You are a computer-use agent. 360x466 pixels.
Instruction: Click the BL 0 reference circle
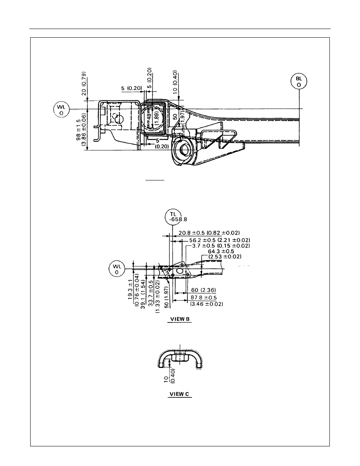[299, 82]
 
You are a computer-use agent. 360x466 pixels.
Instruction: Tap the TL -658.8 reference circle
[173, 217]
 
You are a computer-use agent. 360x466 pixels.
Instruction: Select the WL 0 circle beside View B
[117, 269]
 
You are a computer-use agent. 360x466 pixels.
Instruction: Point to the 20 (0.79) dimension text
[84, 84]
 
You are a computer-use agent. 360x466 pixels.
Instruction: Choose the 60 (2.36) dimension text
[204, 290]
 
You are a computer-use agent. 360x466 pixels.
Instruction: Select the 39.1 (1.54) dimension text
[143, 294]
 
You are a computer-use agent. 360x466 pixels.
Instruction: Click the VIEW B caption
[180, 319]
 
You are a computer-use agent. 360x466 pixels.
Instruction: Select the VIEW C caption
[179, 394]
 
